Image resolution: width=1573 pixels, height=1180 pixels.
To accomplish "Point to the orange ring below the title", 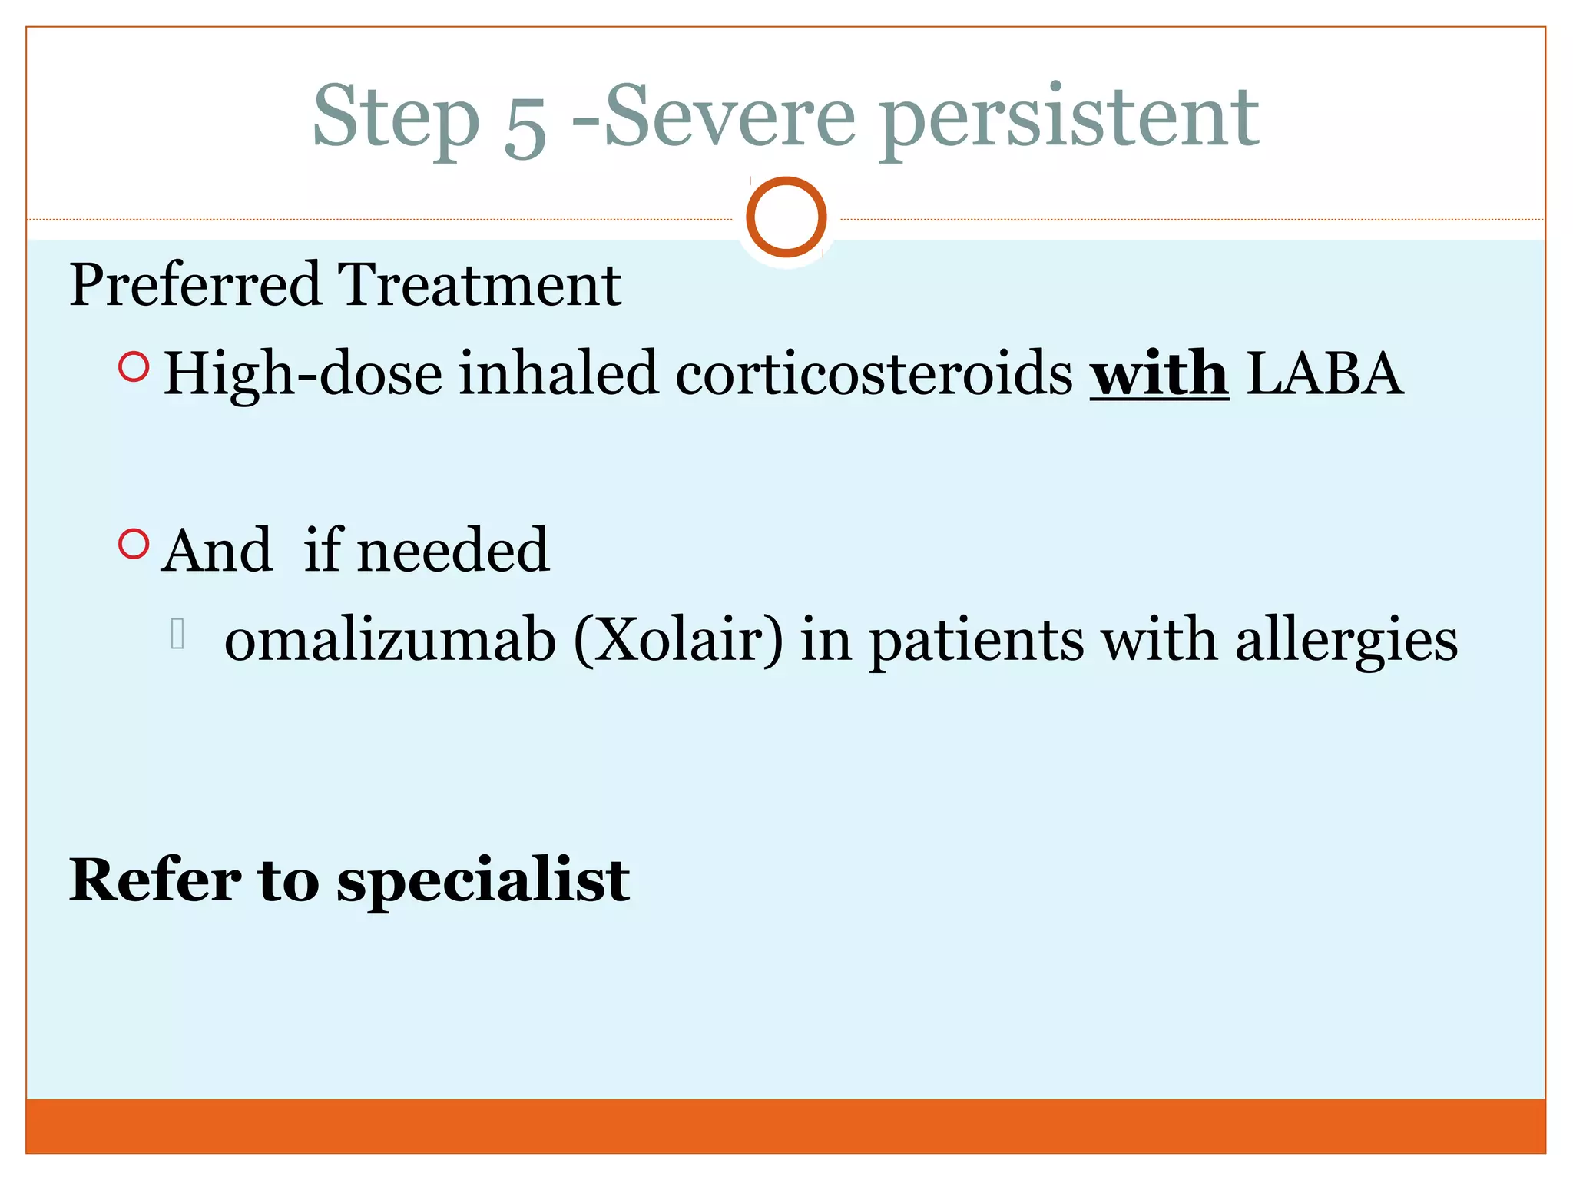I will [x=786, y=217].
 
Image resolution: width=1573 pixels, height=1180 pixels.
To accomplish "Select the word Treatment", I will [x=479, y=285].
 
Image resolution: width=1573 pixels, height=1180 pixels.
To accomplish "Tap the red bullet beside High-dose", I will [x=134, y=367].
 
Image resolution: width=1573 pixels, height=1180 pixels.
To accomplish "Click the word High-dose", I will [x=303, y=375].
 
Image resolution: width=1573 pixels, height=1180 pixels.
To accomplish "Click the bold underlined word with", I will [x=1159, y=373].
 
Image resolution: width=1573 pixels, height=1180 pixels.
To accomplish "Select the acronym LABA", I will [x=1324, y=373].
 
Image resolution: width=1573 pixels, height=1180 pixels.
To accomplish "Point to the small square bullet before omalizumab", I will [x=177, y=634].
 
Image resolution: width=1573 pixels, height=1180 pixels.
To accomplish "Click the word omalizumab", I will [x=390, y=639].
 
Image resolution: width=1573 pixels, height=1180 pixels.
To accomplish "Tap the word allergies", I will [x=1346, y=641].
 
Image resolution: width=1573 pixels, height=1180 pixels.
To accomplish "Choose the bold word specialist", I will [x=483, y=881].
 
